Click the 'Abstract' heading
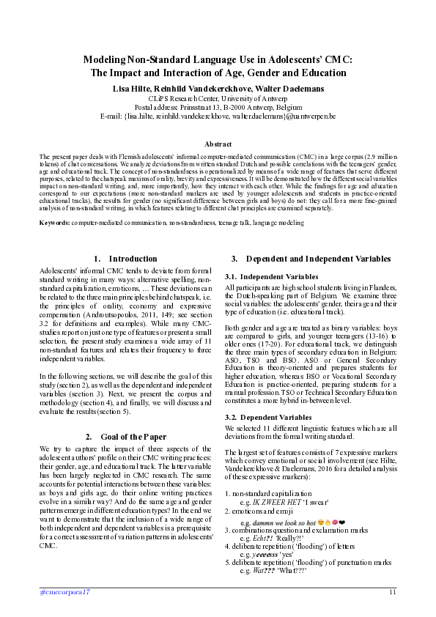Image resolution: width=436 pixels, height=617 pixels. [218, 144]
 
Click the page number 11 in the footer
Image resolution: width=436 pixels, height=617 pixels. [393, 591]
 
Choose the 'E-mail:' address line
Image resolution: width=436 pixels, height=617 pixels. [218, 116]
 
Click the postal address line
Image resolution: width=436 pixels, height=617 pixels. [218, 106]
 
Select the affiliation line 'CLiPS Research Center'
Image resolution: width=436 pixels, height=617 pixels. [218, 97]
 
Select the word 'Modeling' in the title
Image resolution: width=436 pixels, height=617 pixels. [111, 59]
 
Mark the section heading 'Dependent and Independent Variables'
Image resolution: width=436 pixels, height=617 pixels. [318, 259]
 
